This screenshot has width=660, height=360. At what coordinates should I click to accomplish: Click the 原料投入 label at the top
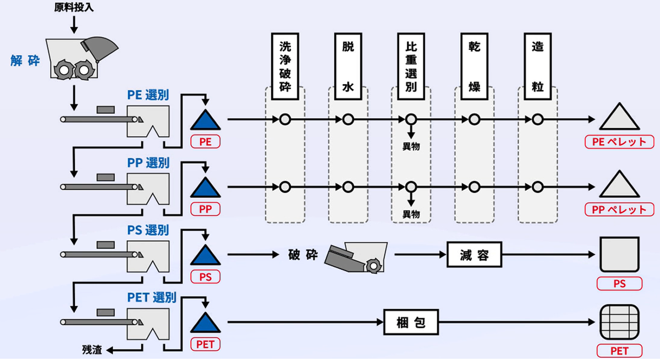[x=74, y=7]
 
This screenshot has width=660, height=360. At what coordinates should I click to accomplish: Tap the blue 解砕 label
[x=25, y=60]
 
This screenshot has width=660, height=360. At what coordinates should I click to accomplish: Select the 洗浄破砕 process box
[x=285, y=67]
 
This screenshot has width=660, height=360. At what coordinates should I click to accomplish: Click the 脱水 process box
[x=348, y=67]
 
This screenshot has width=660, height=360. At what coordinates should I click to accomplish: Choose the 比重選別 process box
[x=411, y=67]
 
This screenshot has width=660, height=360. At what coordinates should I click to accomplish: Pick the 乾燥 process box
[x=474, y=67]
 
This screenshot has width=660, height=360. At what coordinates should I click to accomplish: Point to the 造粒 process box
[x=538, y=67]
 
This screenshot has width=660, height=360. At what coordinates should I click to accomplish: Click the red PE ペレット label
[x=619, y=142]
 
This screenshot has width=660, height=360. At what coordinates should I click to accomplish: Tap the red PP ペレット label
[x=619, y=209]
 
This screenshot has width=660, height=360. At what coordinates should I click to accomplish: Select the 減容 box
[x=474, y=254]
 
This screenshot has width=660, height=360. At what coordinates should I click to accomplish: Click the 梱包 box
[x=411, y=322]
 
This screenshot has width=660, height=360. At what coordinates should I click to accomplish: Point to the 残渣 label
[x=92, y=350]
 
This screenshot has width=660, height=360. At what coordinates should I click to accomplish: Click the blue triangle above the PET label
[x=205, y=323]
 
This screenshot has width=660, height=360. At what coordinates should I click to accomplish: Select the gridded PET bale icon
[x=619, y=322]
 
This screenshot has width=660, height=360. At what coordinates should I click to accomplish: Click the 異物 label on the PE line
[x=411, y=146]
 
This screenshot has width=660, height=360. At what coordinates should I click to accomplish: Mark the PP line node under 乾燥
[x=474, y=187]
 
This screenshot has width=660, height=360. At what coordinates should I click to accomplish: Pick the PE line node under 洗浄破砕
[x=285, y=119]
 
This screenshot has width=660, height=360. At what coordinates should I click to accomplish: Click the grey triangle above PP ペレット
[x=619, y=184]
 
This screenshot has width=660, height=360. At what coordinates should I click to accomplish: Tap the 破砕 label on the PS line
[x=303, y=255]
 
